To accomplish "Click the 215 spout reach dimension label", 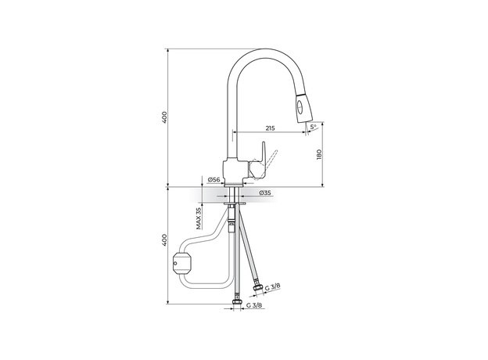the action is [x=270, y=128].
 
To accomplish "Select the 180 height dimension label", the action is [x=319, y=155].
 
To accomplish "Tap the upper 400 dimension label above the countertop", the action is [x=165, y=117].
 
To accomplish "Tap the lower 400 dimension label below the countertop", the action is [x=165, y=239].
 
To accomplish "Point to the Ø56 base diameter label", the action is [x=213, y=179].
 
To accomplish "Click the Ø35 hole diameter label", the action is [x=265, y=193].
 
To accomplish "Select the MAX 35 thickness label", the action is [x=199, y=218].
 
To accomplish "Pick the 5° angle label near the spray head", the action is [x=313, y=127].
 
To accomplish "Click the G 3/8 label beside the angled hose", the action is [x=273, y=286].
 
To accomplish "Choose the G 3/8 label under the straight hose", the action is [x=254, y=305].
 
